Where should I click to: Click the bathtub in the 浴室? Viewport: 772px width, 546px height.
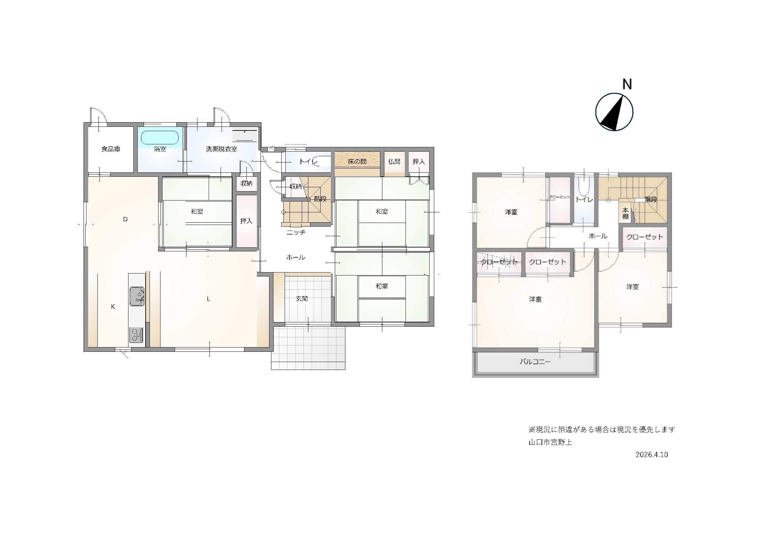pyautogui.click(x=159, y=138)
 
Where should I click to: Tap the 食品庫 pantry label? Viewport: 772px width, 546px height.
pyautogui.click(x=111, y=149)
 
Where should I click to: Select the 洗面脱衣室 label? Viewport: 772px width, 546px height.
pyautogui.click(x=221, y=149)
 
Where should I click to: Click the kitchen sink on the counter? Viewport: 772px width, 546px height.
pyautogui.click(x=137, y=296)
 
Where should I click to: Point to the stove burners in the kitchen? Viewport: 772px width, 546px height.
pyautogui.click(x=136, y=335)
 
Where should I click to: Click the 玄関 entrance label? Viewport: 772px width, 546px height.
pyautogui.click(x=301, y=298)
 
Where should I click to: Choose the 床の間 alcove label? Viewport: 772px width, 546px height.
pyautogui.click(x=357, y=162)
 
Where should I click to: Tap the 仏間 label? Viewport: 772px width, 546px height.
pyautogui.click(x=394, y=162)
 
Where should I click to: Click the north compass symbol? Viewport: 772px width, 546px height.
pyautogui.click(x=614, y=112)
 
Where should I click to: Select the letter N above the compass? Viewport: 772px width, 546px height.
pyautogui.click(x=627, y=84)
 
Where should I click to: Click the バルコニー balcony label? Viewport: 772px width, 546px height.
pyautogui.click(x=535, y=362)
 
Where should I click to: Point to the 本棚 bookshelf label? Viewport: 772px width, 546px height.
pyautogui.click(x=625, y=214)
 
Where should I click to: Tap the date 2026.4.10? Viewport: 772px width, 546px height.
pyautogui.click(x=651, y=455)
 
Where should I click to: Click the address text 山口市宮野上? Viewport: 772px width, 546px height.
pyautogui.click(x=550, y=442)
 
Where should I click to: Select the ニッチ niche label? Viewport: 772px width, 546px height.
pyautogui.click(x=296, y=233)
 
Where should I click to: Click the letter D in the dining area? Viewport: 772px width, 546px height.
pyautogui.click(x=125, y=219)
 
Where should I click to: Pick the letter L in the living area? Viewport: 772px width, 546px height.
pyautogui.click(x=208, y=299)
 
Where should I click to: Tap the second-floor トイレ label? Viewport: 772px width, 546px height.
pyautogui.click(x=584, y=200)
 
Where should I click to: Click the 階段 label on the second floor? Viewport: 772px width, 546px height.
pyautogui.click(x=651, y=200)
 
